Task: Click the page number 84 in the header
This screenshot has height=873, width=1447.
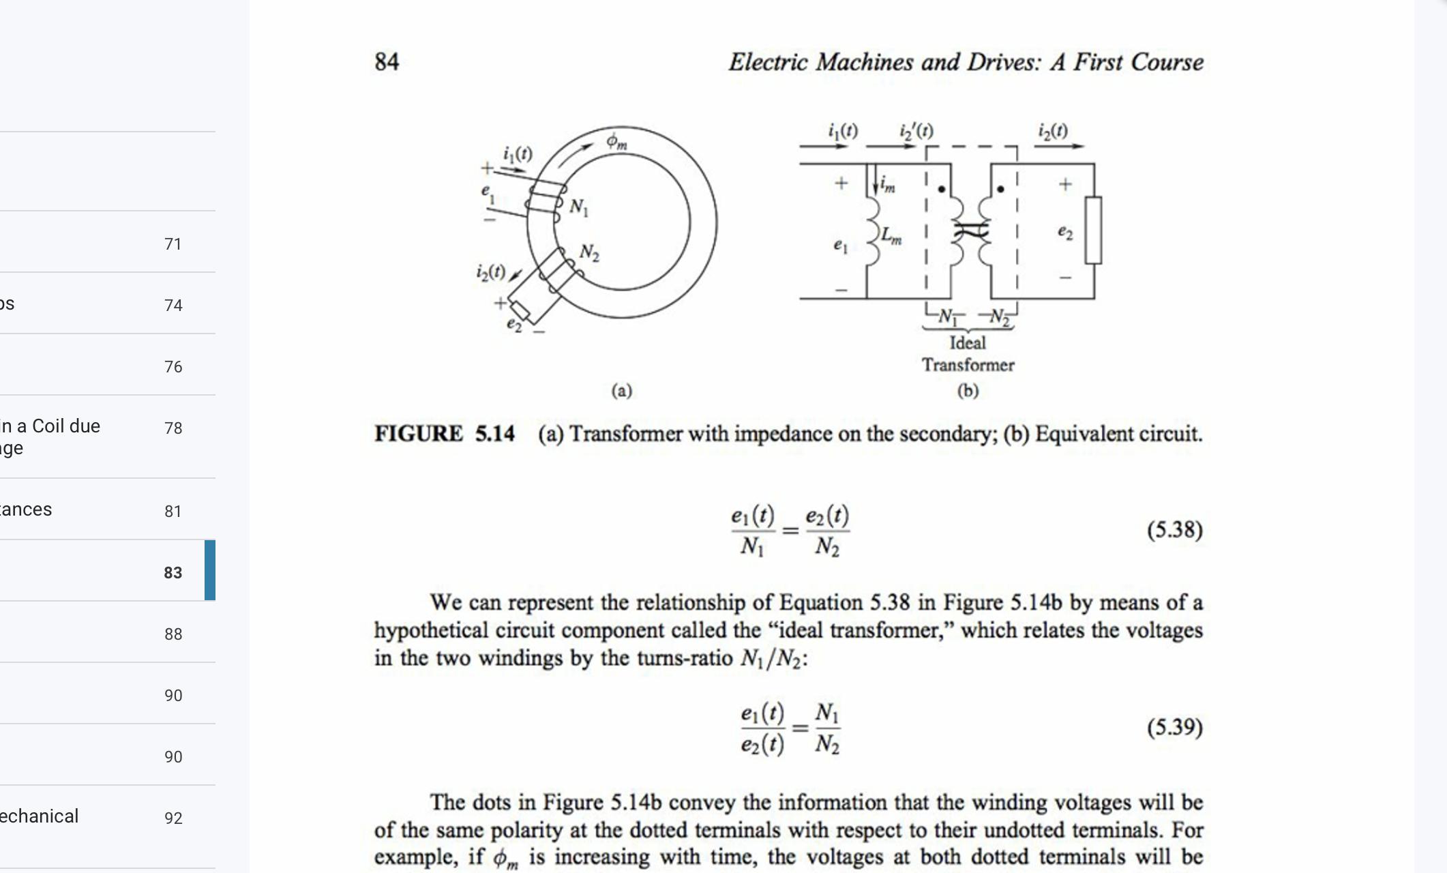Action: coord(387,62)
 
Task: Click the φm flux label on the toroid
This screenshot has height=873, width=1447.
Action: coord(616,142)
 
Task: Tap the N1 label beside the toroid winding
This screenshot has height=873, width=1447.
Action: coord(579,207)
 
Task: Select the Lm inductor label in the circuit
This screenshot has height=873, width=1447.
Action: coord(891,236)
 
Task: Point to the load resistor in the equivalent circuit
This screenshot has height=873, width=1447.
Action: coord(1093,230)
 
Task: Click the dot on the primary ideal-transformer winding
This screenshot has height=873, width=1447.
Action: coord(942,189)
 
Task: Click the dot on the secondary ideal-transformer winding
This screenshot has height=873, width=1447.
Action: coord(1000,189)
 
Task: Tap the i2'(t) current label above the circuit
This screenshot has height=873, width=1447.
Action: coord(916,131)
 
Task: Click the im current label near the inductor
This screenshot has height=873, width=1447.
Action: coord(887,183)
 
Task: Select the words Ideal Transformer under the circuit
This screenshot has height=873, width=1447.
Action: coord(968,354)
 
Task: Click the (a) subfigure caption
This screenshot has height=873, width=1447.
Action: coord(621,391)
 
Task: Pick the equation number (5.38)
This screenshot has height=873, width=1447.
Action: coord(1174,530)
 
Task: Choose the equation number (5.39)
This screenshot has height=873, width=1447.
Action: coord(1174,728)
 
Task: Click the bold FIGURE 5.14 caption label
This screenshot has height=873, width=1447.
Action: coord(444,434)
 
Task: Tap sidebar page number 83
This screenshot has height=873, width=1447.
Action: coord(173,573)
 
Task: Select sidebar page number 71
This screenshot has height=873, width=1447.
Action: coord(173,244)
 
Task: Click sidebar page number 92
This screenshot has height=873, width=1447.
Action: coord(173,818)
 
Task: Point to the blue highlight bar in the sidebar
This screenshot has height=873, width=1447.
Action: coord(210,570)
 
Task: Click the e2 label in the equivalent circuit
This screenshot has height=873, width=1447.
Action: coord(1065,233)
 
